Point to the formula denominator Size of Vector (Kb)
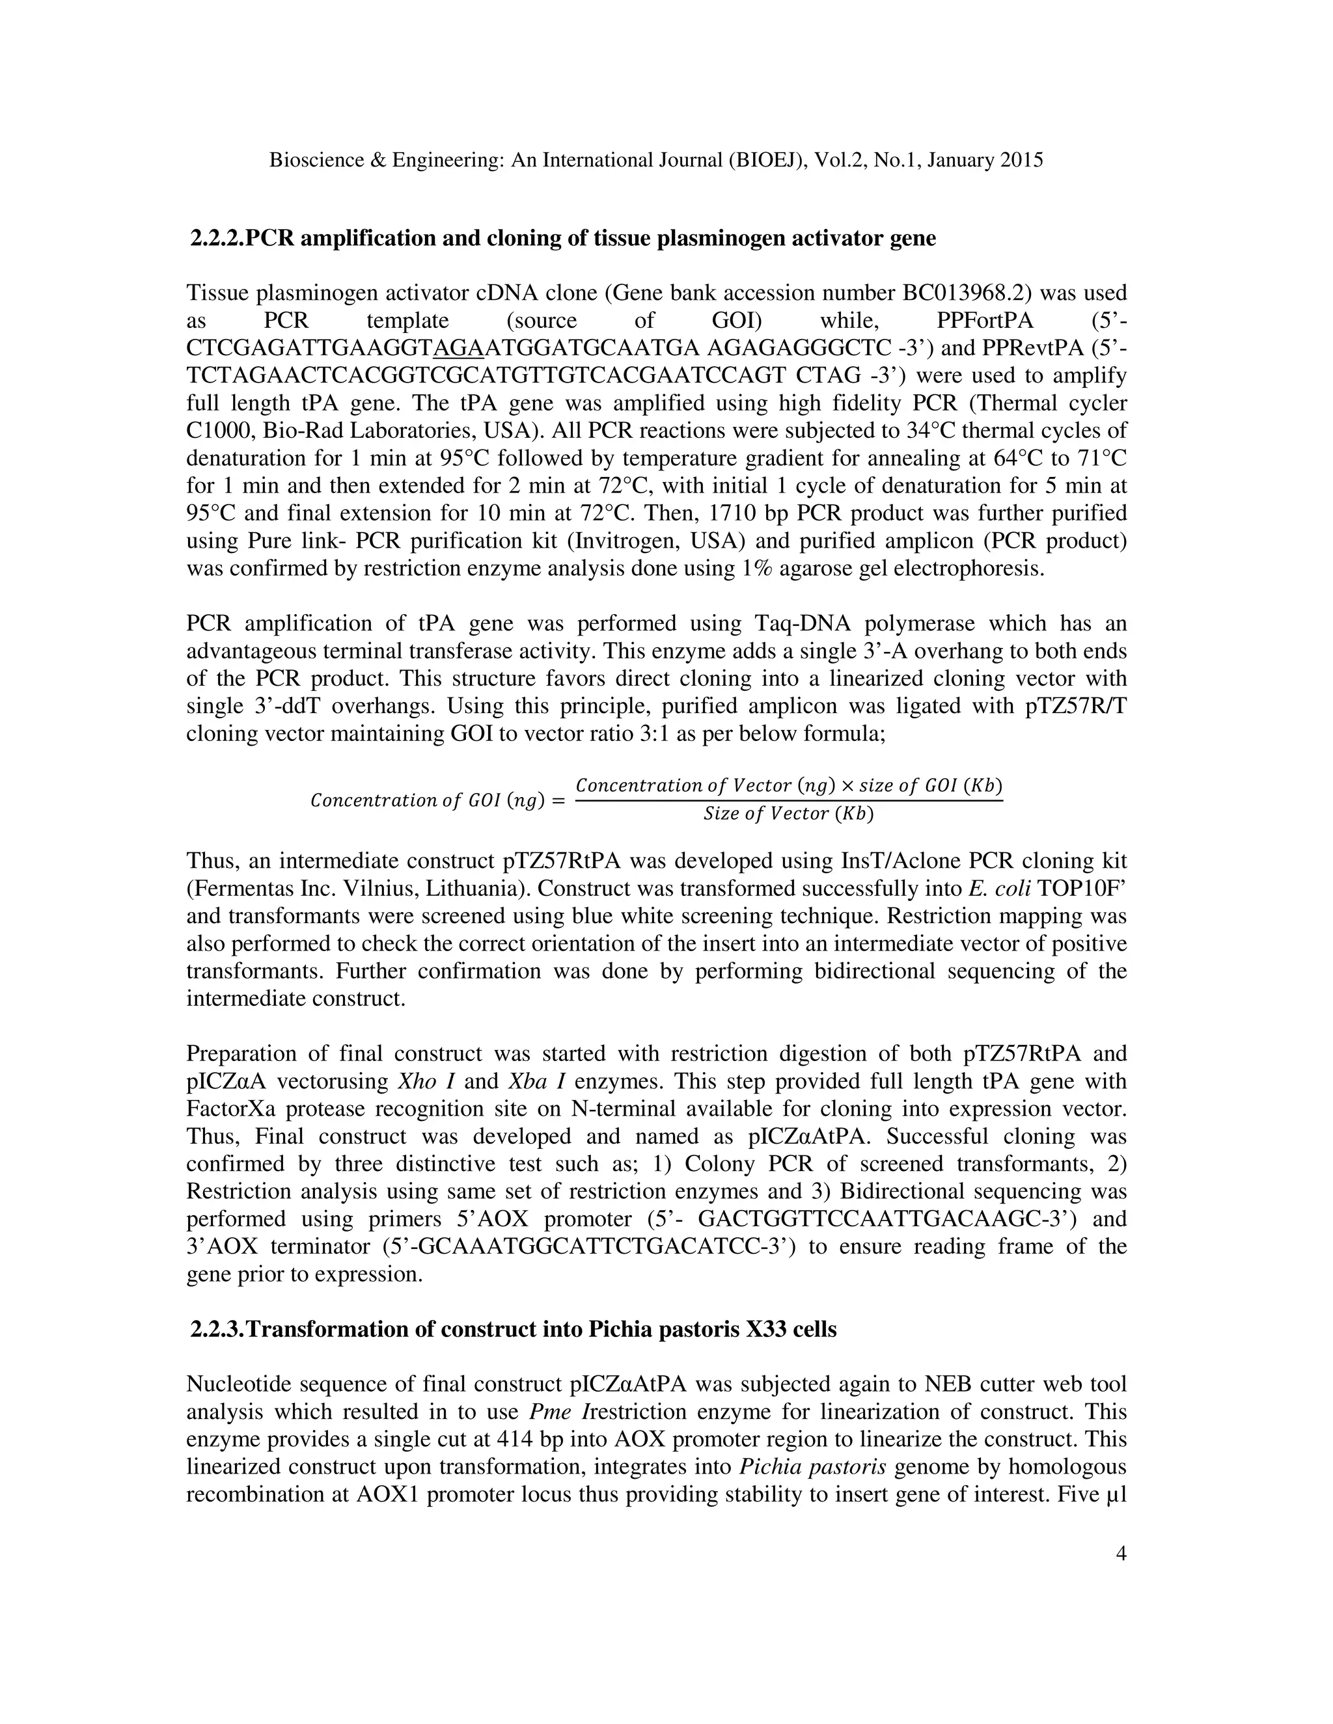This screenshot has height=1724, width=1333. click(x=788, y=814)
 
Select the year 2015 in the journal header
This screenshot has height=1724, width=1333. click(x=1021, y=160)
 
